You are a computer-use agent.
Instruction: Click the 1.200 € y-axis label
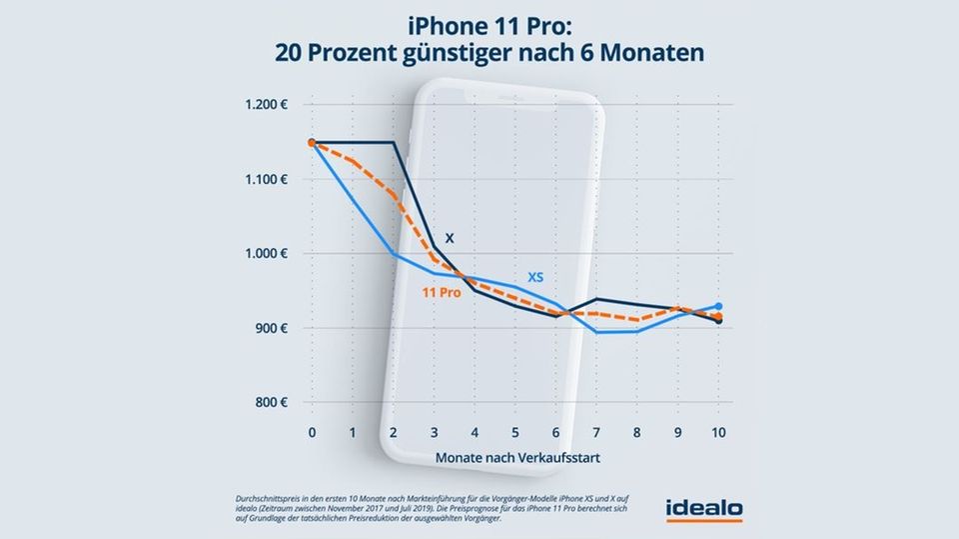pyautogui.click(x=263, y=105)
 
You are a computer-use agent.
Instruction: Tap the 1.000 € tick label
pyautogui.click(x=263, y=254)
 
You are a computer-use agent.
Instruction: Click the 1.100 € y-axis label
pyautogui.click(x=263, y=180)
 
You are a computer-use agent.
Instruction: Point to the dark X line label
pyautogui.click(x=450, y=238)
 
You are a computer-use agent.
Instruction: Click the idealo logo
pyautogui.click(x=703, y=508)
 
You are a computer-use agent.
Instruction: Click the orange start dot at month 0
pyautogui.click(x=312, y=143)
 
